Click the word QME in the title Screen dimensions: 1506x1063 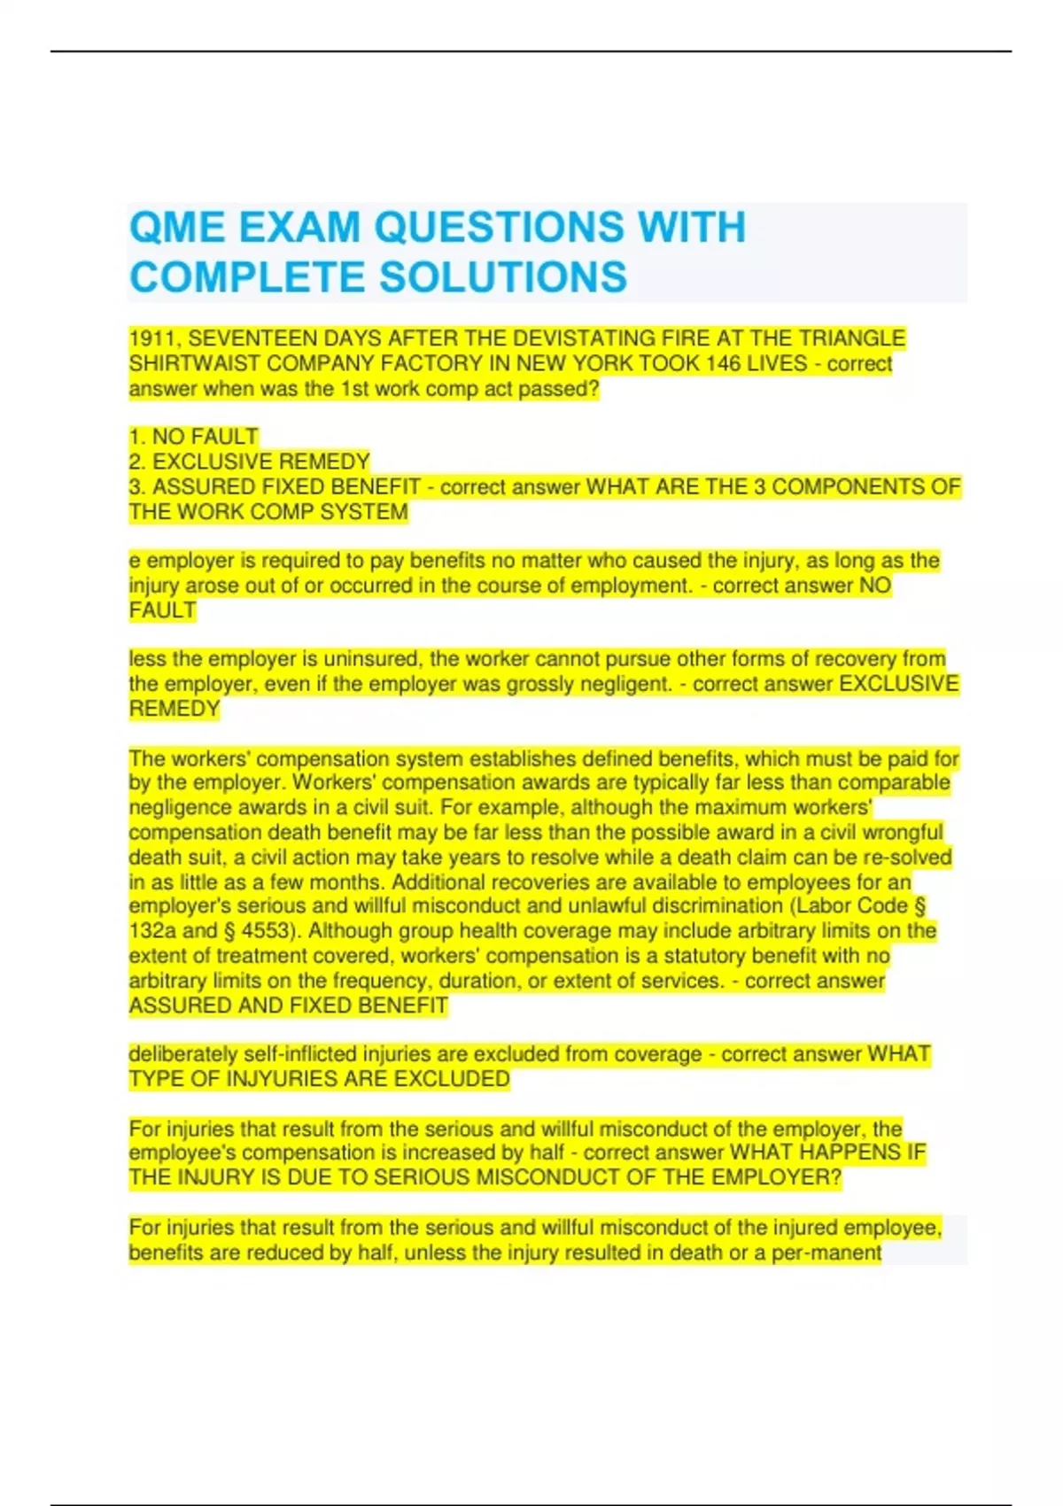(x=176, y=228)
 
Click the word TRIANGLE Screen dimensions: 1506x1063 (x=852, y=339)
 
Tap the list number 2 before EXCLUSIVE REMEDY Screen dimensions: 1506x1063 (x=136, y=462)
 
